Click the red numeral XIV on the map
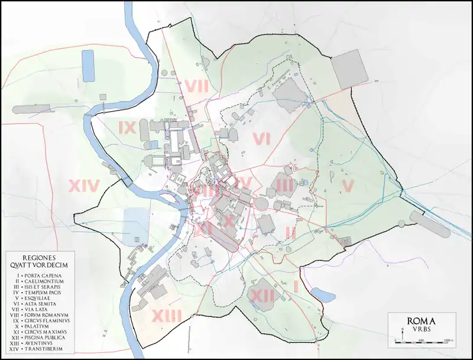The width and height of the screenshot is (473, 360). (84, 186)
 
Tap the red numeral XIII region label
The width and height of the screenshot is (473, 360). (166, 316)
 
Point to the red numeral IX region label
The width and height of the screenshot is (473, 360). (128, 127)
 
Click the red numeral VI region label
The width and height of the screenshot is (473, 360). (261, 139)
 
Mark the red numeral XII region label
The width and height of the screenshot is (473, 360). (261, 295)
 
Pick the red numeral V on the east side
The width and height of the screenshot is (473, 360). (348, 186)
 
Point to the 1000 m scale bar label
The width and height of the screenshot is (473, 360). (448, 342)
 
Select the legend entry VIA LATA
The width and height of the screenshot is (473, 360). (38, 310)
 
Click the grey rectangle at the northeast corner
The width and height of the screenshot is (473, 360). (349, 68)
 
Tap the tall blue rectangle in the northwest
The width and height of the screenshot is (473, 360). (88, 66)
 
